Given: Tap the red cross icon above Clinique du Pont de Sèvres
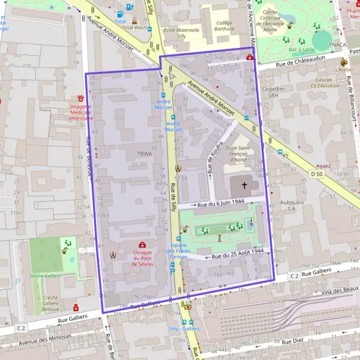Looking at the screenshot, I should [x=142, y=245].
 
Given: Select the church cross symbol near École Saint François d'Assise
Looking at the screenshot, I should [x=244, y=185].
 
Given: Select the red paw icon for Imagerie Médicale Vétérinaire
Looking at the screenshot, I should [x=80, y=98].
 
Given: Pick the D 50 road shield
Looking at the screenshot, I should [x=316, y=174].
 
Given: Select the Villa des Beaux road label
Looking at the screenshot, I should [x=338, y=290].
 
